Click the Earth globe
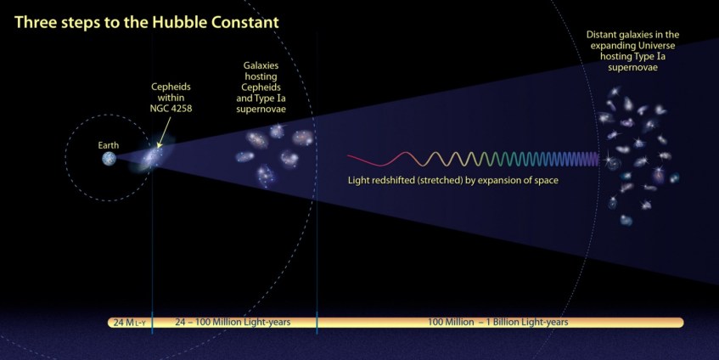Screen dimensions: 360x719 (109, 158)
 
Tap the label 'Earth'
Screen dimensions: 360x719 (109, 144)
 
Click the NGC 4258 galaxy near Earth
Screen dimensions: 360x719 (154, 157)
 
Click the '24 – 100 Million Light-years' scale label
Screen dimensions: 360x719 (232, 323)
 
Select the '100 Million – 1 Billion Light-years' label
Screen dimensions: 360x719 (498, 323)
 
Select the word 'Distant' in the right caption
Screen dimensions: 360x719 (604, 35)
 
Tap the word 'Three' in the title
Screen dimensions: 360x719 (35, 20)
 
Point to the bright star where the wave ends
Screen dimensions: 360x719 (608, 158)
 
